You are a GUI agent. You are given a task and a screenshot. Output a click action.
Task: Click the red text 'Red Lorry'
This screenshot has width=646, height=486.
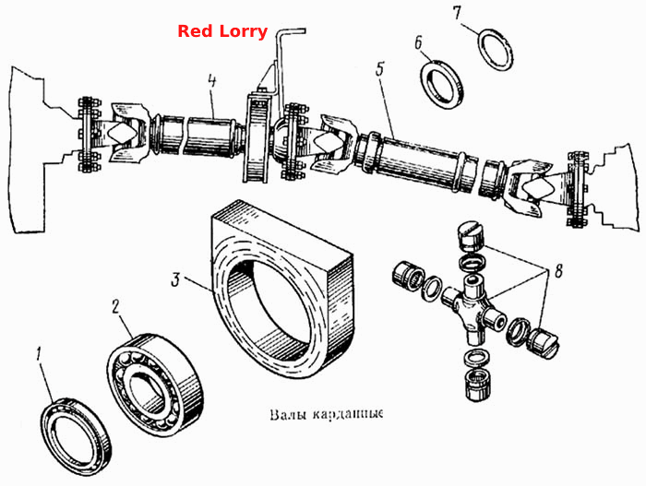point(222,31)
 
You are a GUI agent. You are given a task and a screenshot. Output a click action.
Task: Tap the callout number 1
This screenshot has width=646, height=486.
point(39,355)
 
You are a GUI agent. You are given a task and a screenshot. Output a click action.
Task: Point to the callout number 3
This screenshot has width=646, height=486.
point(176,280)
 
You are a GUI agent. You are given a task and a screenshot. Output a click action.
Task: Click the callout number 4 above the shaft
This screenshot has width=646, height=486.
point(211,81)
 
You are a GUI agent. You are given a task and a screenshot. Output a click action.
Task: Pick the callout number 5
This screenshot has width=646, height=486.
point(380,69)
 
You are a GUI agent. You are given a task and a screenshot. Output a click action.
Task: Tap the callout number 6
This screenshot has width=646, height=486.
point(418,42)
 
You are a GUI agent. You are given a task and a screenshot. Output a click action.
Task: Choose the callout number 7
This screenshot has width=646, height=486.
point(457,13)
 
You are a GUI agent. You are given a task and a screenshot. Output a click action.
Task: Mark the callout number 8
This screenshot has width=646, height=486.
point(558,272)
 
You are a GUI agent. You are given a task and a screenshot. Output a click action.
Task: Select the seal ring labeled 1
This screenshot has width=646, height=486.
point(78,436)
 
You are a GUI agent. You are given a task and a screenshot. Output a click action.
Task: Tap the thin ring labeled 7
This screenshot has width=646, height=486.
point(496,50)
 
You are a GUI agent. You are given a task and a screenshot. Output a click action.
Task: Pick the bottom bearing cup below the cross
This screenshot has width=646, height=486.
point(477,385)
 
